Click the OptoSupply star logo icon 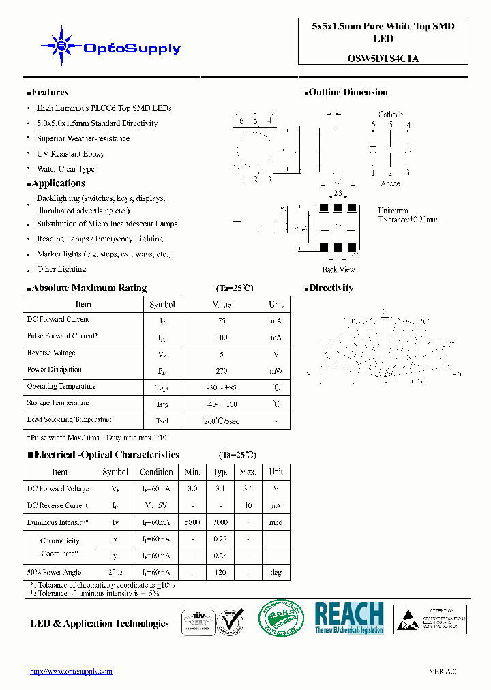point(61,46)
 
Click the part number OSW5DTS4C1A point(383,59)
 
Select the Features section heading point(48,93)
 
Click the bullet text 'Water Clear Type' point(65,169)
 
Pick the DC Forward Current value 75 point(222,320)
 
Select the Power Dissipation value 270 point(222,371)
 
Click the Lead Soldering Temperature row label point(69,420)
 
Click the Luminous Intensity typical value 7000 point(220,522)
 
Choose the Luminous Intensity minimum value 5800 point(192,522)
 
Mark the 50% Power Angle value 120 point(220,573)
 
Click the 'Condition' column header point(156,472)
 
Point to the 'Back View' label point(339,270)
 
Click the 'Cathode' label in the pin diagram point(390,115)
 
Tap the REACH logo point(349,618)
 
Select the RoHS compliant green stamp point(280,619)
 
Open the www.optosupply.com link point(71,672)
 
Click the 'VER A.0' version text point(443,672)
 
